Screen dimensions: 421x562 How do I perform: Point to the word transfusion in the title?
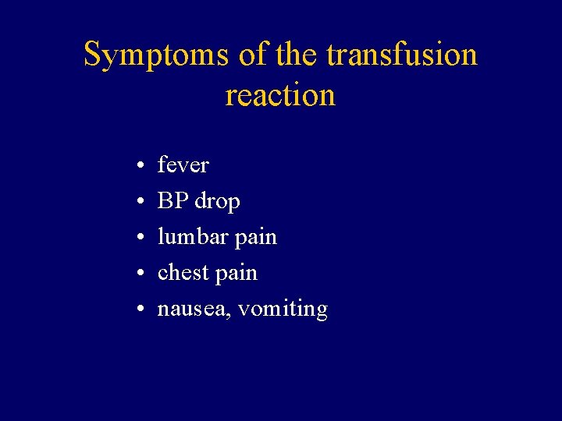coord(401,55)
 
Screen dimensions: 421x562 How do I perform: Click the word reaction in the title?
coord(280,95)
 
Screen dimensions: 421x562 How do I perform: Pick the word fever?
coord(183,165)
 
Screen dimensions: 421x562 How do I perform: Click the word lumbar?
coord(190,236)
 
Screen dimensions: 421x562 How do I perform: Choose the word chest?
coord(184,273)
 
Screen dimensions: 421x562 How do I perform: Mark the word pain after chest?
coord(237,274)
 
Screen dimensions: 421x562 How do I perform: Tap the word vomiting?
coord(283,310)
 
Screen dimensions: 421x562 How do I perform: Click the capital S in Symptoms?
coord(93,55)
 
